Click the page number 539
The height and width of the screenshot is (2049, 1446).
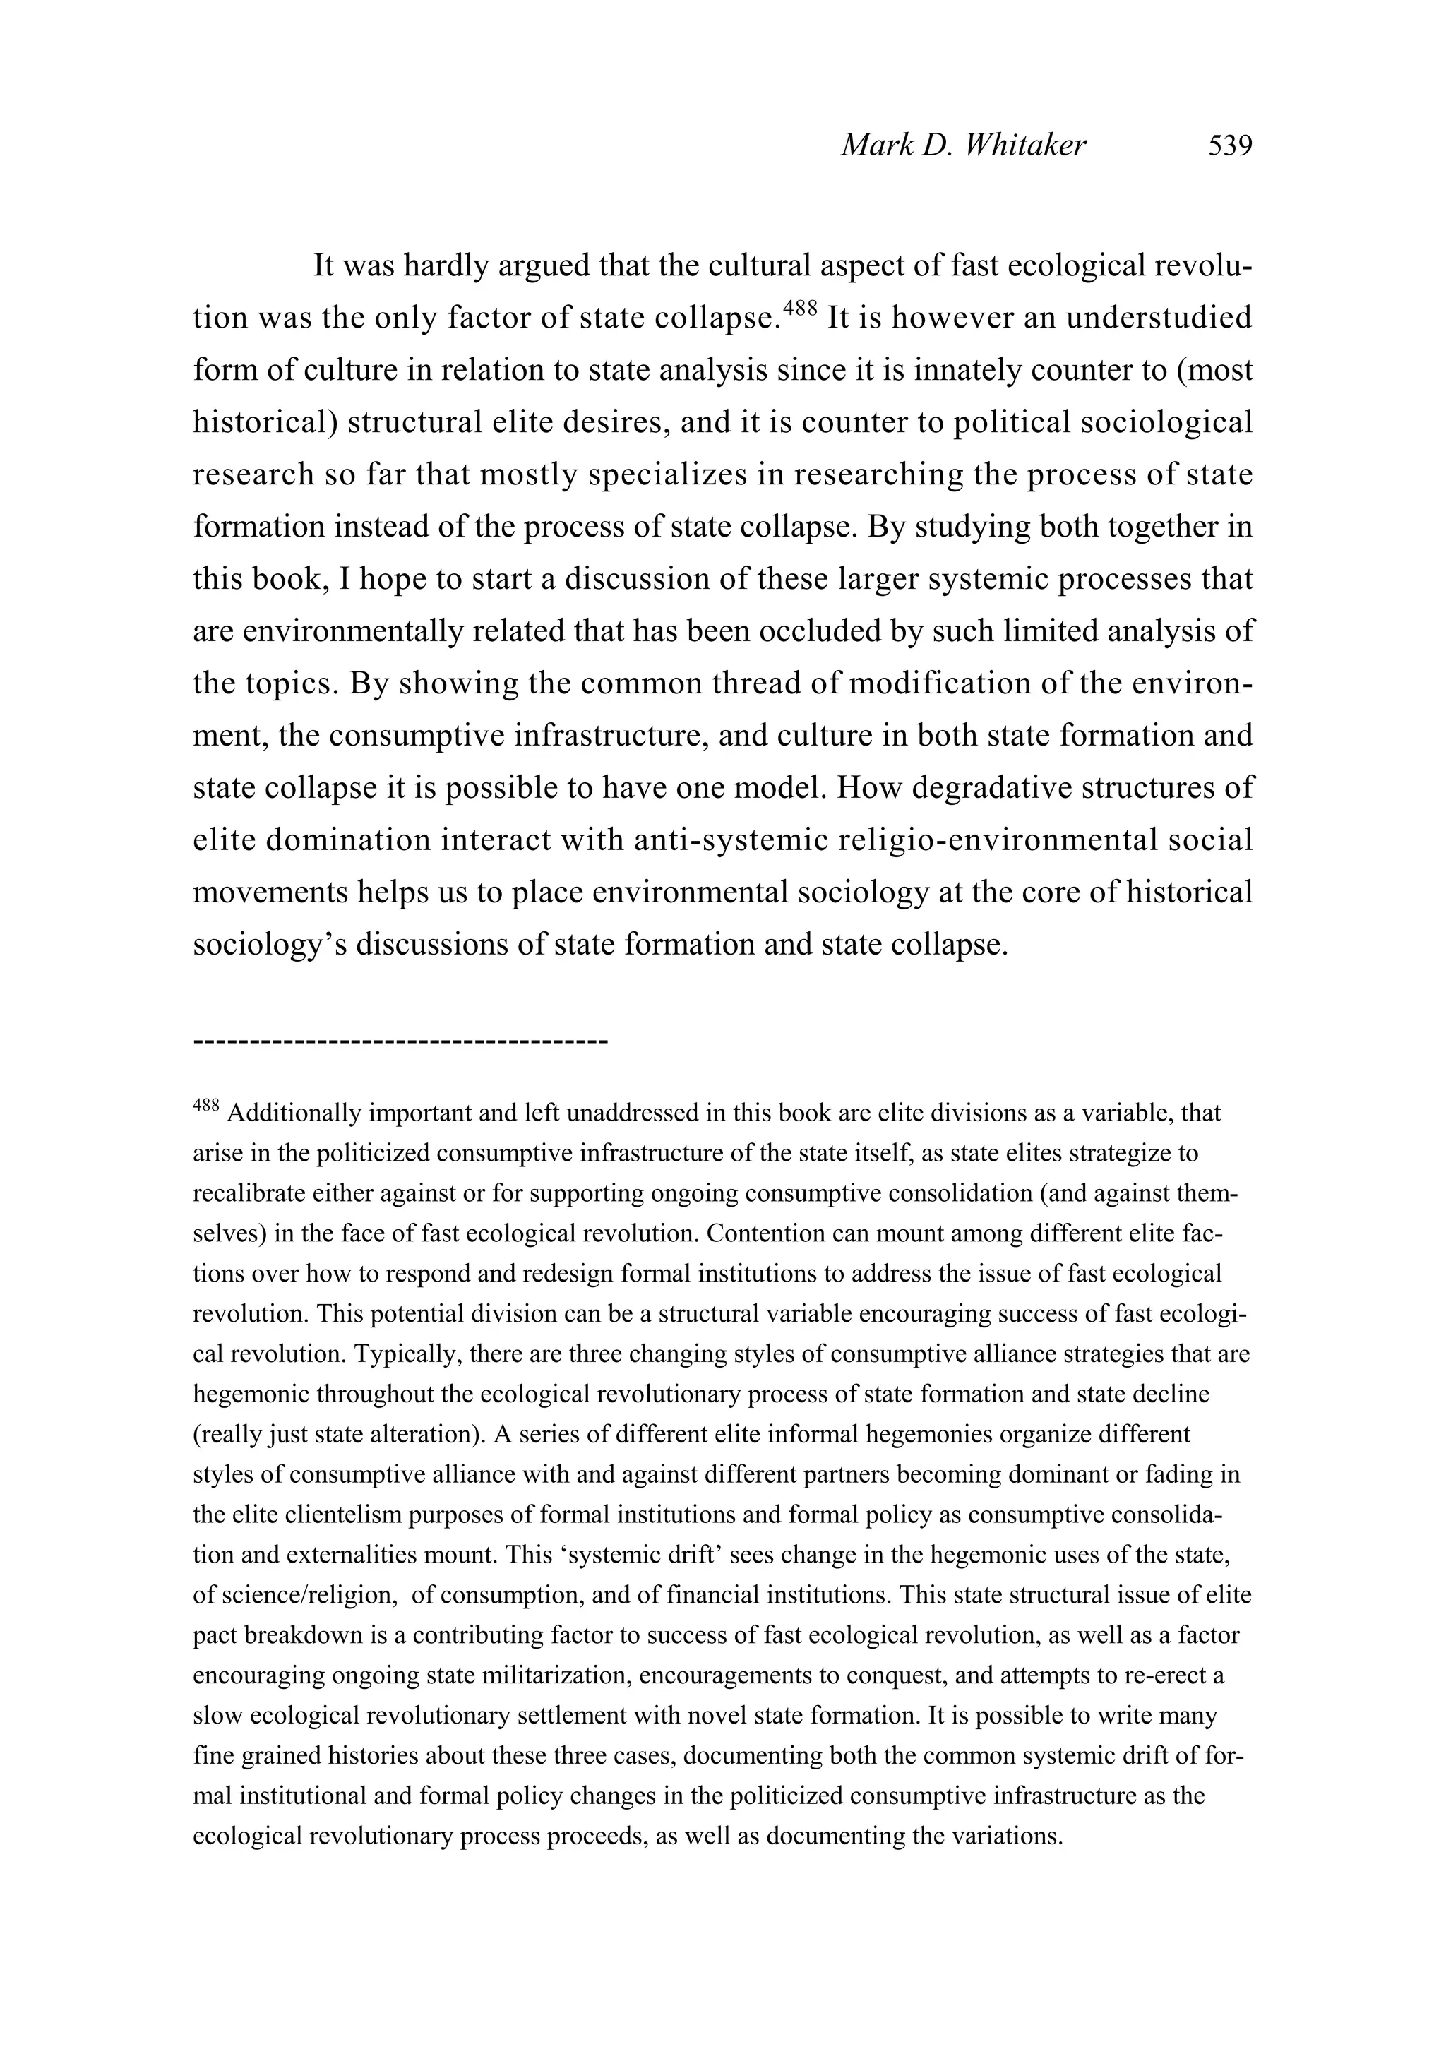(1229, 145)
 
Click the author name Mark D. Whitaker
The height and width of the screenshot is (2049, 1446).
(963, 145)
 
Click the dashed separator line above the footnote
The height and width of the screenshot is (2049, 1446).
(400, 1041)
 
